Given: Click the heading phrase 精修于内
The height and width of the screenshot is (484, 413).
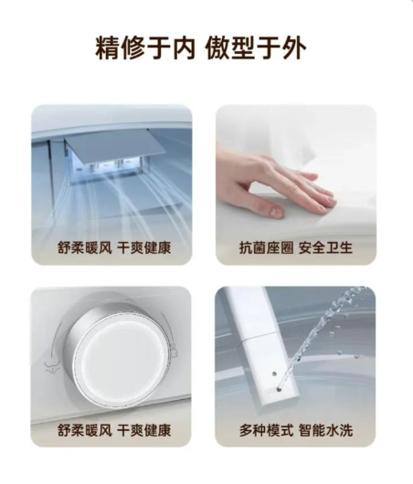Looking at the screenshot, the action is point(145,48).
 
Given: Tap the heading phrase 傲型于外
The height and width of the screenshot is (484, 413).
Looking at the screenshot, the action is point(256,48).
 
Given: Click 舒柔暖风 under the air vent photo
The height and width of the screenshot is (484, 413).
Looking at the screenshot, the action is point(85,247).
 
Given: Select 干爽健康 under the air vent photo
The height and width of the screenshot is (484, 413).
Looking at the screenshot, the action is point(144,247).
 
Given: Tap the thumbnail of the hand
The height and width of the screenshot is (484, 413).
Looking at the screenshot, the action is point(296,184).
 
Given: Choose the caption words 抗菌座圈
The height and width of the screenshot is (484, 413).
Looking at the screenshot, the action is point(266,247).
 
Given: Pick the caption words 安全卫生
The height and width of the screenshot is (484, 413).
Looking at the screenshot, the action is point(325,247).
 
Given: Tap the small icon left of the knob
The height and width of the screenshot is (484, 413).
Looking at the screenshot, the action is point(52,365).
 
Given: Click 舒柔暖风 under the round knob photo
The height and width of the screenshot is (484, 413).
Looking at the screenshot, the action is point(85,430).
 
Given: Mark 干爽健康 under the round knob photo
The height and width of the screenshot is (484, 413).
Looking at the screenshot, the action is point(144,430).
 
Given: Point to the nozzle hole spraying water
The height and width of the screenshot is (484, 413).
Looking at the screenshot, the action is point(280,389).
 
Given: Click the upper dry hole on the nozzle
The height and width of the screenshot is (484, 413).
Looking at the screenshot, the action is point(274,374).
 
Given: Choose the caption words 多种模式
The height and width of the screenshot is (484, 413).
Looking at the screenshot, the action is point(266,430).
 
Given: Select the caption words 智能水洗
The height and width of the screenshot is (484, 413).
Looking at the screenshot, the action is point(325,430).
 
